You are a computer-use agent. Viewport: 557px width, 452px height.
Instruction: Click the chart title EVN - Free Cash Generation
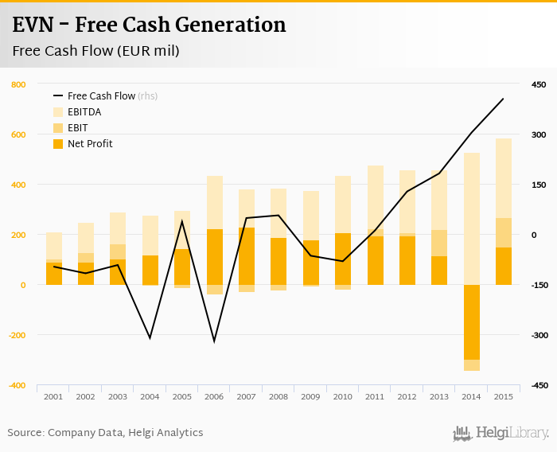coord(149,25)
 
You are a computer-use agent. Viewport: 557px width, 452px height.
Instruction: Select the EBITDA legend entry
coord(84,112)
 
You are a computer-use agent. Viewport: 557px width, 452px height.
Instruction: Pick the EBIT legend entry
coord(78,128)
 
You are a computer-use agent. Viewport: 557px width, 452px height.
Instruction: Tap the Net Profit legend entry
coord(90,144)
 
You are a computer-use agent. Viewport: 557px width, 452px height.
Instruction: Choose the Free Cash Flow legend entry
coord(101,96)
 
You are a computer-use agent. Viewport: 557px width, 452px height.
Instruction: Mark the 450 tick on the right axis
coord(539,84)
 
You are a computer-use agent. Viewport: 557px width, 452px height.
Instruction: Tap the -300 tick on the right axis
coord(538,335)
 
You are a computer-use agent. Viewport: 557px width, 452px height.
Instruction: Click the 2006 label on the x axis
coord(214,396)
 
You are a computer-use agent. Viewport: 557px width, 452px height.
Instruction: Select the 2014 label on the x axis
coord(471,396)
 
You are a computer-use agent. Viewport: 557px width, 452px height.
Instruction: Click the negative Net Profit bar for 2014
coord(471,321)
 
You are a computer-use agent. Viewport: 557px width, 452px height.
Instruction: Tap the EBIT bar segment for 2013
coord(439,243)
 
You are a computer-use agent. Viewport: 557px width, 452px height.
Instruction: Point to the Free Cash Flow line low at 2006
coord(214,341)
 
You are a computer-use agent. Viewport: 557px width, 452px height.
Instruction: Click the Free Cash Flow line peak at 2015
coord(503,99)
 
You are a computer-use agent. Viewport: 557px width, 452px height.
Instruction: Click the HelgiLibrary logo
coord(501,433)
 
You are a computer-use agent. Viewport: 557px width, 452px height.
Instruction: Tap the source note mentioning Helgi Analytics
coord(105,433)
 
